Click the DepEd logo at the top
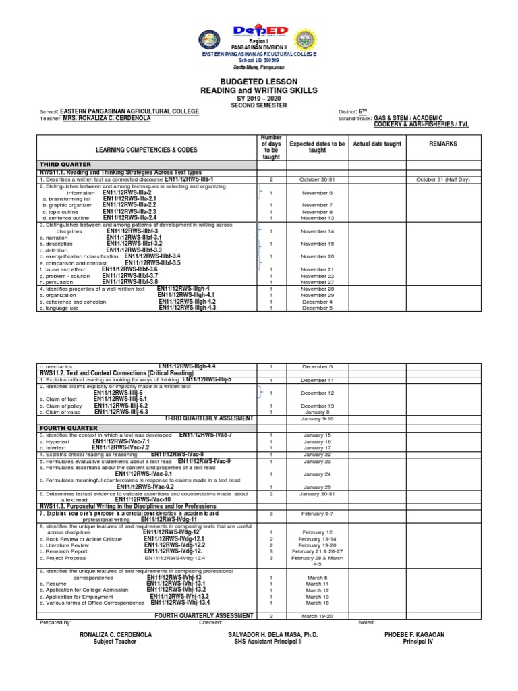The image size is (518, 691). [x=259, y=32]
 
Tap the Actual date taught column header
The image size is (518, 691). [x=377, y=144]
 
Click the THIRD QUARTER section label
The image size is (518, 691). [x=60, y=164]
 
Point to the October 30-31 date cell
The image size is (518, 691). [x=317, y=180]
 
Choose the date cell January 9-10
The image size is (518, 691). [x=317, y=419]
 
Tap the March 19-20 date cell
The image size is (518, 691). [x=317, y=616]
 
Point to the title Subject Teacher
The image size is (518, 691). [x=115, y=642]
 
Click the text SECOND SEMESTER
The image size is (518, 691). [x=259, y=105]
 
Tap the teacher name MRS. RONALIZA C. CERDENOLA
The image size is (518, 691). [x=107, y=118]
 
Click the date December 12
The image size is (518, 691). [x=317, y=393]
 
